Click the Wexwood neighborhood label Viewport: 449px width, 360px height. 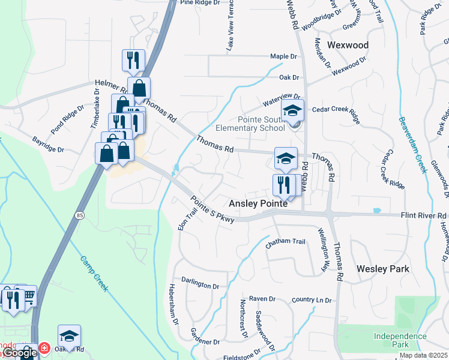[348, 45]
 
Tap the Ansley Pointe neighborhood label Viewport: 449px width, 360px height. [258, 204]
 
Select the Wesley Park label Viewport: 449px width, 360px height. [383, 269]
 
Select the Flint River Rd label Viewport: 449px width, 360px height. [423, 215]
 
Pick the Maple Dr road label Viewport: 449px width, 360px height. [284, 56]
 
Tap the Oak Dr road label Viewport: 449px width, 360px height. [289, 77]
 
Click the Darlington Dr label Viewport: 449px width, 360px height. [200, 284]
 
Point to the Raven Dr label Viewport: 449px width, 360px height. [262, 298]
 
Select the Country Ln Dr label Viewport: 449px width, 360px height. [312, 299]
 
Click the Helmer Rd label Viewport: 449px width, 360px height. [107, 86]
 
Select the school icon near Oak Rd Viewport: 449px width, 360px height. [69, 335]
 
